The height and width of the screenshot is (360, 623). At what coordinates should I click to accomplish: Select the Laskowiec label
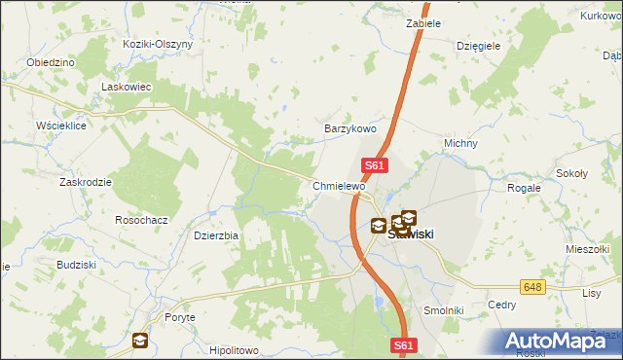point(124,87)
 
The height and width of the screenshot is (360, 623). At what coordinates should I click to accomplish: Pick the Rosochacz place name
point(142,220)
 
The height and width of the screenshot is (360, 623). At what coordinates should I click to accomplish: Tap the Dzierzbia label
point(216,234)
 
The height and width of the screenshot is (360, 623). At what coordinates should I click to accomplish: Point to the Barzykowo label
point(349,128)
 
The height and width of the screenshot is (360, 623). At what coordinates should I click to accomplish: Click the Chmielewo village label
point(338,185)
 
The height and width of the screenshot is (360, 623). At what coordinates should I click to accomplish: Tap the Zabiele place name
point(423,22)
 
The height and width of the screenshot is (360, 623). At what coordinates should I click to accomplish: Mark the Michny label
point(460,143)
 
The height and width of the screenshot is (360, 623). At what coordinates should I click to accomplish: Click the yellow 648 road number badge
point(531,287)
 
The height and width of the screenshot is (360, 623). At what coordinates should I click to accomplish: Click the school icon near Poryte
point(140,341)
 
